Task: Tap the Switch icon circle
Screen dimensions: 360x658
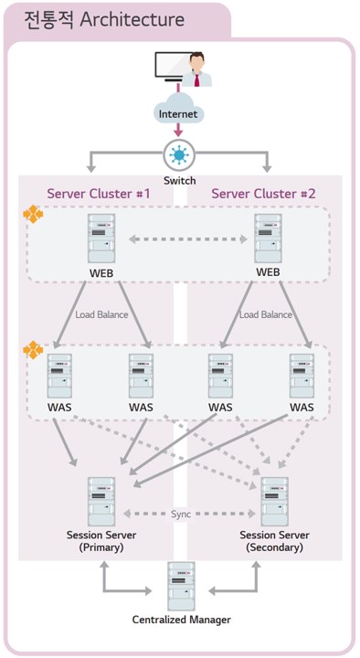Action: point(179,155)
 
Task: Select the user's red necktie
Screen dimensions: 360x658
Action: point(196,79)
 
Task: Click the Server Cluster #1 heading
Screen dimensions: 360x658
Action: point(98,194)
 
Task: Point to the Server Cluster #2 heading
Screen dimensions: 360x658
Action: point(263,194)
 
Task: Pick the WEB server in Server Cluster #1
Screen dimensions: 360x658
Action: point(101,238)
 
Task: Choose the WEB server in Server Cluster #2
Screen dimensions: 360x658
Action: point(268,238)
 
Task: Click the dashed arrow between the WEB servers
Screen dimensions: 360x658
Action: point(188,239)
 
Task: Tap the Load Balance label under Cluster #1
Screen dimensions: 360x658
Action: point(101,314)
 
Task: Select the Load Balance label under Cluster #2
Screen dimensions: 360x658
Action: point(266,314)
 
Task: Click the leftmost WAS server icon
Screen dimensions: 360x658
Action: point(59,376)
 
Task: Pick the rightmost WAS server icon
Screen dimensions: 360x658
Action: point(302,376)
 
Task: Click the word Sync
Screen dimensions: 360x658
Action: point(181,514)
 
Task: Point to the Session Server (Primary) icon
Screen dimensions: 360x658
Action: point(101,502)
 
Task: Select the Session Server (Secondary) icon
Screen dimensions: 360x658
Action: point(275,502)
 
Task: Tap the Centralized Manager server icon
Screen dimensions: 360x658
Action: point(181,586)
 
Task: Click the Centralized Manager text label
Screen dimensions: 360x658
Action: point(182,620)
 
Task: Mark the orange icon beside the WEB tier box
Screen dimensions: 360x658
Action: point(33,214)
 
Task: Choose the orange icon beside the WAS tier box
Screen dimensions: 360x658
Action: point(33,350)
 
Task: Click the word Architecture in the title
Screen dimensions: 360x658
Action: point(132,20)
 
